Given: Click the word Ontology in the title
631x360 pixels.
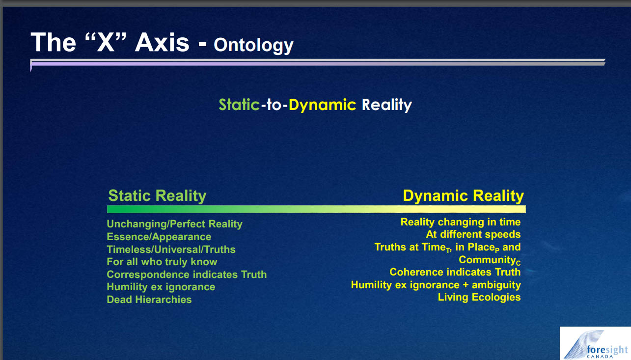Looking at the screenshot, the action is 253,46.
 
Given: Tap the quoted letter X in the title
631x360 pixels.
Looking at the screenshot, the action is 106,42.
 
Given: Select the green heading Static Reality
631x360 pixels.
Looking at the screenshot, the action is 157,195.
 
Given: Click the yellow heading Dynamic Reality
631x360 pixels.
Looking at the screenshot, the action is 464,195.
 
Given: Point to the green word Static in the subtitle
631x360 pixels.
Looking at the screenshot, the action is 239,105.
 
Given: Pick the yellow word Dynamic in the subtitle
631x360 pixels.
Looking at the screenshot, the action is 322,105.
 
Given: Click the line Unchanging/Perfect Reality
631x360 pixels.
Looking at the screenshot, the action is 175,224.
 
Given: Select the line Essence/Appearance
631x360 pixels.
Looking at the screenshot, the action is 159,237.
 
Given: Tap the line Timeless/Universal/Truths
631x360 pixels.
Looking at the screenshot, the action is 171,249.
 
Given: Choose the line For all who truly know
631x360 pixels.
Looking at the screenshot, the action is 162,262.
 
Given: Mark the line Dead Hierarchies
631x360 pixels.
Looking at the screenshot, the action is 149,300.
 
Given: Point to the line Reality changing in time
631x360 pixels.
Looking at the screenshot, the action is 461,222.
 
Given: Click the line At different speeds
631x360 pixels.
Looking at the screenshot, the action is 473,234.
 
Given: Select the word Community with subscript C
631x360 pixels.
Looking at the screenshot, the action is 490,260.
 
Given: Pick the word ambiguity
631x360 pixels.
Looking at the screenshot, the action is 496,285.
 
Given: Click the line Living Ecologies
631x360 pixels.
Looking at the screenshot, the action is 479,297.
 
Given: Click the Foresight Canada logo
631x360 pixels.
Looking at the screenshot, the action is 595,344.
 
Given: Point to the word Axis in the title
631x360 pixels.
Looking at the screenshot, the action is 162,42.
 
